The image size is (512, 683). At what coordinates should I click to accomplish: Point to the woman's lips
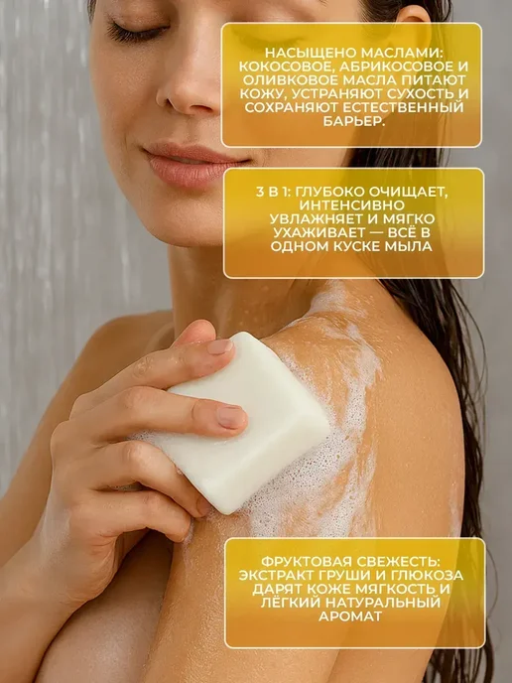pos(192,164)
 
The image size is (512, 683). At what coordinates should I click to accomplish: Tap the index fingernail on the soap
pos(220,346)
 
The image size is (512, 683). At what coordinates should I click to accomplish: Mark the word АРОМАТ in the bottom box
pos(350,616)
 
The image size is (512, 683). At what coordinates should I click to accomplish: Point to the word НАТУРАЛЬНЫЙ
pos(385,603)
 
